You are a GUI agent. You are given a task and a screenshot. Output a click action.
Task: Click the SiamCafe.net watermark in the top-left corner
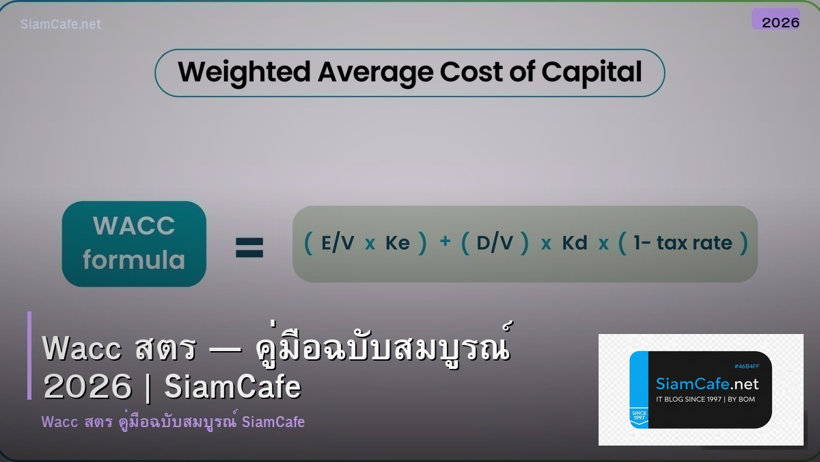point(61,24)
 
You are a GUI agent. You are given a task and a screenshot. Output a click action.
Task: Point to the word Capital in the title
point(592,72)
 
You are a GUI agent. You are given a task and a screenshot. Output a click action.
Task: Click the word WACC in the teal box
point(134,226)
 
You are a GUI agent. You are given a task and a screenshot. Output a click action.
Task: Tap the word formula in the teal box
point(134,260)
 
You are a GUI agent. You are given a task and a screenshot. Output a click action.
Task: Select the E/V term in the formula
point(338,244)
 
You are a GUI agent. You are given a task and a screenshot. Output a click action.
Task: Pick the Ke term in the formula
point(397,244)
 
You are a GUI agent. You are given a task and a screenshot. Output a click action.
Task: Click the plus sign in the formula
point(445,242)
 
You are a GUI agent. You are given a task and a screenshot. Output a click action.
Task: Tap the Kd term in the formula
point(574,244)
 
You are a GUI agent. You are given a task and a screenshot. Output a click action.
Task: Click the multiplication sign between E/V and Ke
point(370,244)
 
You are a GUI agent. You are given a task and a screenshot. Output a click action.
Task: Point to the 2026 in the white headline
point(87,387)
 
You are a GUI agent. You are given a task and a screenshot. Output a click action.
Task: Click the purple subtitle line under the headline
point(173,422)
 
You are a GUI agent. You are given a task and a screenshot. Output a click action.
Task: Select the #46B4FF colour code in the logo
point(746,366)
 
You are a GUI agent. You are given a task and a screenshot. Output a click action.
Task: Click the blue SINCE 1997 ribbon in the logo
point(639,418)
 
